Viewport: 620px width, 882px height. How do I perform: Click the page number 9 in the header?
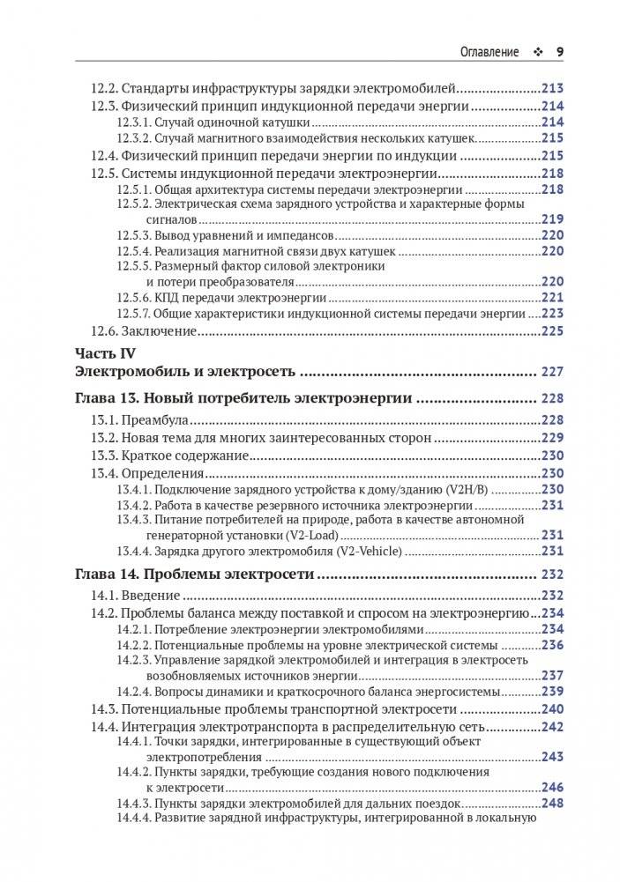pos(559,51)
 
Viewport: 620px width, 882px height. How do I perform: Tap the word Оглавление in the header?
pos(489,51)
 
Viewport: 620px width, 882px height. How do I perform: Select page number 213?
pos(552,88)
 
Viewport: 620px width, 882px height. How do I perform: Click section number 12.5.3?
pos(133,235)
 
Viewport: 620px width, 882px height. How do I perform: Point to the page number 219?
pos(552,219)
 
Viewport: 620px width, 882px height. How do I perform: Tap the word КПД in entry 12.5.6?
pos(167,298)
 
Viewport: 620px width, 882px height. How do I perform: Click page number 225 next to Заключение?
pos(552,331)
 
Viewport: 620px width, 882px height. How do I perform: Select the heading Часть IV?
pos(105,353)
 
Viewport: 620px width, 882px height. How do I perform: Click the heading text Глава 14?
pos(107,575)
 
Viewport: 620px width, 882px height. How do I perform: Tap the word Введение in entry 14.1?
pos(151,597)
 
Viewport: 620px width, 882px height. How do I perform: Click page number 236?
pos(552,644)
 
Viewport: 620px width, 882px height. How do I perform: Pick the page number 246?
pos(552,787)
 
